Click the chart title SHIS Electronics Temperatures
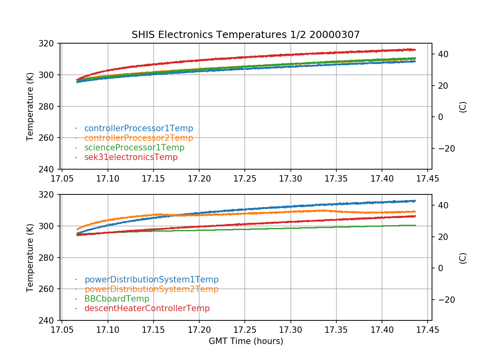tap(246, 35)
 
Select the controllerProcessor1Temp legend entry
tap(138, 128)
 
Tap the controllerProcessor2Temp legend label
tap(138, 138)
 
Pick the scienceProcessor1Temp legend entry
tap(134, 148)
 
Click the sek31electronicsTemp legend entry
tap(131, 157)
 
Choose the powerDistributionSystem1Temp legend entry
tap(151, 280)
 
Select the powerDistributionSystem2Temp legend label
tap(151, 289)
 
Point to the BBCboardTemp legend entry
tap(116, 299)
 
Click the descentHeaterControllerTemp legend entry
tap(147, 308)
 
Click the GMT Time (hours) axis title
tap(246, 341)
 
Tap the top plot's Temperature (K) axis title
tap(30, 106)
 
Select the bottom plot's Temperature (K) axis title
tap(30, 257)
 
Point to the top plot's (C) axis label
tap(463, 106)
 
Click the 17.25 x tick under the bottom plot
tap(245, 329)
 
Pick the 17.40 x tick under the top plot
tap(382, 178)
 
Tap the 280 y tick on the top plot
tap(50, 106)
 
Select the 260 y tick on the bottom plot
tap(50, 289)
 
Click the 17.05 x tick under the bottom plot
tap(62, 329)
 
